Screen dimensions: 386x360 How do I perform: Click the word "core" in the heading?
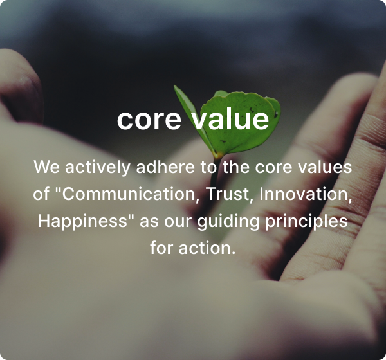click(149, 120)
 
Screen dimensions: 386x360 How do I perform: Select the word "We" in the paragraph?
click(46, 167)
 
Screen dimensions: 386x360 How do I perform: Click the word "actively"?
click(97, 168)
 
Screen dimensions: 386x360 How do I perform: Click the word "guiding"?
click(228, 221)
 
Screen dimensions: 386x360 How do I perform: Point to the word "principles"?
click(306, 221)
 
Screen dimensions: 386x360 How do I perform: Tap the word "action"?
click(207, 248)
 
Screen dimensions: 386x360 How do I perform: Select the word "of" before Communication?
click(41, 194)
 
